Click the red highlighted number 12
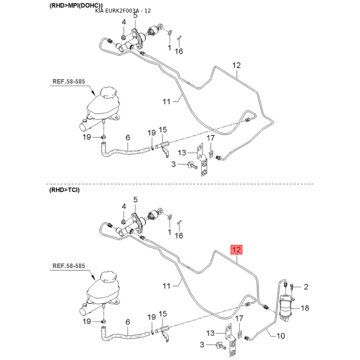click(237, 250)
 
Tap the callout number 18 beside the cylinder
click(305, 308)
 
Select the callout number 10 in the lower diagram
click(280, 336)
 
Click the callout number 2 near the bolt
click(306, 287)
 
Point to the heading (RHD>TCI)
click(64, 190)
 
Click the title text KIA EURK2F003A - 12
click(123, 11)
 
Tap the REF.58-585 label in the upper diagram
click(69, 81)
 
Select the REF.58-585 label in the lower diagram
click(69, 266)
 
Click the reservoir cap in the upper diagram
click(109, 92)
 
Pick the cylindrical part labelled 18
click(287, 306)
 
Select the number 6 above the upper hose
click(128, 138)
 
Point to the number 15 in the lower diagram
click(162, 314)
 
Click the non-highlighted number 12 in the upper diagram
click(236, 65)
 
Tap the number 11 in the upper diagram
click(166, 102)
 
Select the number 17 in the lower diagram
click(239, 319)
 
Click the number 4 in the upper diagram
click(124, 22)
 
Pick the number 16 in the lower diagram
click(179, 235)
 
